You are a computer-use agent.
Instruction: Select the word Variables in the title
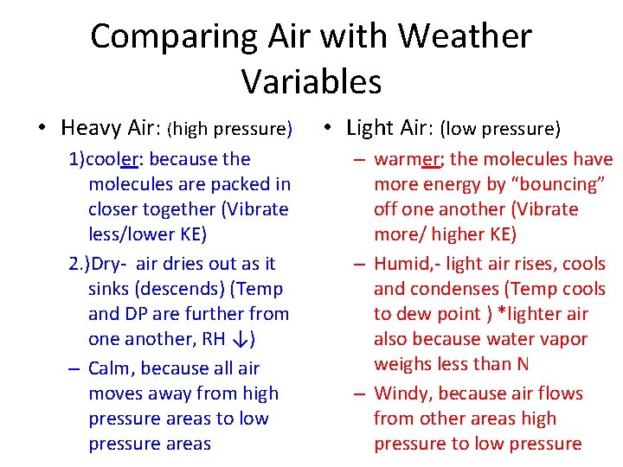[311, 81]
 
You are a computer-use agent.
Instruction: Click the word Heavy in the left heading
[92, 129]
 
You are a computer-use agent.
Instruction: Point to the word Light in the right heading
[369, 128]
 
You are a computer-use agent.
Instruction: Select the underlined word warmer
[402, 159]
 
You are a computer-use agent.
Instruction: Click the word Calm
[111, 368]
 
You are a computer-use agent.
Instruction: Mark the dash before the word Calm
[74, 368]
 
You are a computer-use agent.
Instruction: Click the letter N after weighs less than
[522, 364]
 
